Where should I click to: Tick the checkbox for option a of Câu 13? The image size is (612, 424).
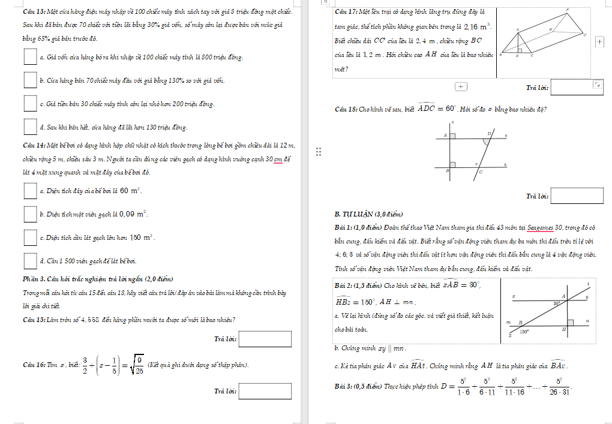click(x=31, y=56)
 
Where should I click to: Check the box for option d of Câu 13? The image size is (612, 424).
click(x=31, y=127)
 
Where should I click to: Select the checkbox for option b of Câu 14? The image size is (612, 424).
click(x=31, y=213)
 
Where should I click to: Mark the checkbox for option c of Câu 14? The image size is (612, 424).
click(x=31, y=237)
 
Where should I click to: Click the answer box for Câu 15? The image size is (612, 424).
click(x=265, y=339)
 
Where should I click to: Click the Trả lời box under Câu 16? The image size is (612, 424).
click(x=265, y=391)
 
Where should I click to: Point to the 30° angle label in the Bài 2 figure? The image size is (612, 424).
click(x=557, y=303)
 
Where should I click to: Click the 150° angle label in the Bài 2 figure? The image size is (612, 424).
click(x=524, y=331)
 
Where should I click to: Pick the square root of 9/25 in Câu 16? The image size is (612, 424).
click(x=136, y=365)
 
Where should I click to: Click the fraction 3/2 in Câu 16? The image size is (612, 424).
click(x=85, y=365)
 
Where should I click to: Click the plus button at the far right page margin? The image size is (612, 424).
click(x=599, y=41)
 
